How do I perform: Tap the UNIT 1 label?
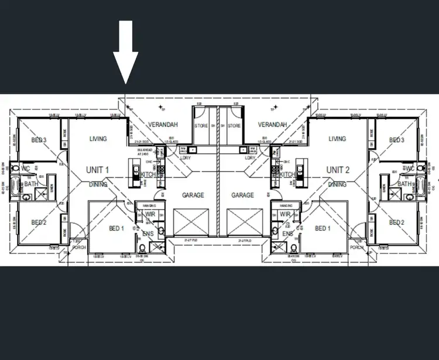point(98,170)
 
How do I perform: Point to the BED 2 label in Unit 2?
point(397,222)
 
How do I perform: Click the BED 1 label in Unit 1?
point(117,228)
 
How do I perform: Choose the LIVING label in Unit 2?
point(337,139)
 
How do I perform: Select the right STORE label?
point(234,126)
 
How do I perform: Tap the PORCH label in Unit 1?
point(78,248)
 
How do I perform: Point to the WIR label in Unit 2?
point(285,215)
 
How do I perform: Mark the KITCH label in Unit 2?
point(287,175)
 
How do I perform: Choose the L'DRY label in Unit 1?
point(186,158)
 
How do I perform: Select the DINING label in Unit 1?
point(98,184)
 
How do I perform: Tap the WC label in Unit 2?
point(409,169)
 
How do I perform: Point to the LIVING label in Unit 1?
point(98,139)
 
